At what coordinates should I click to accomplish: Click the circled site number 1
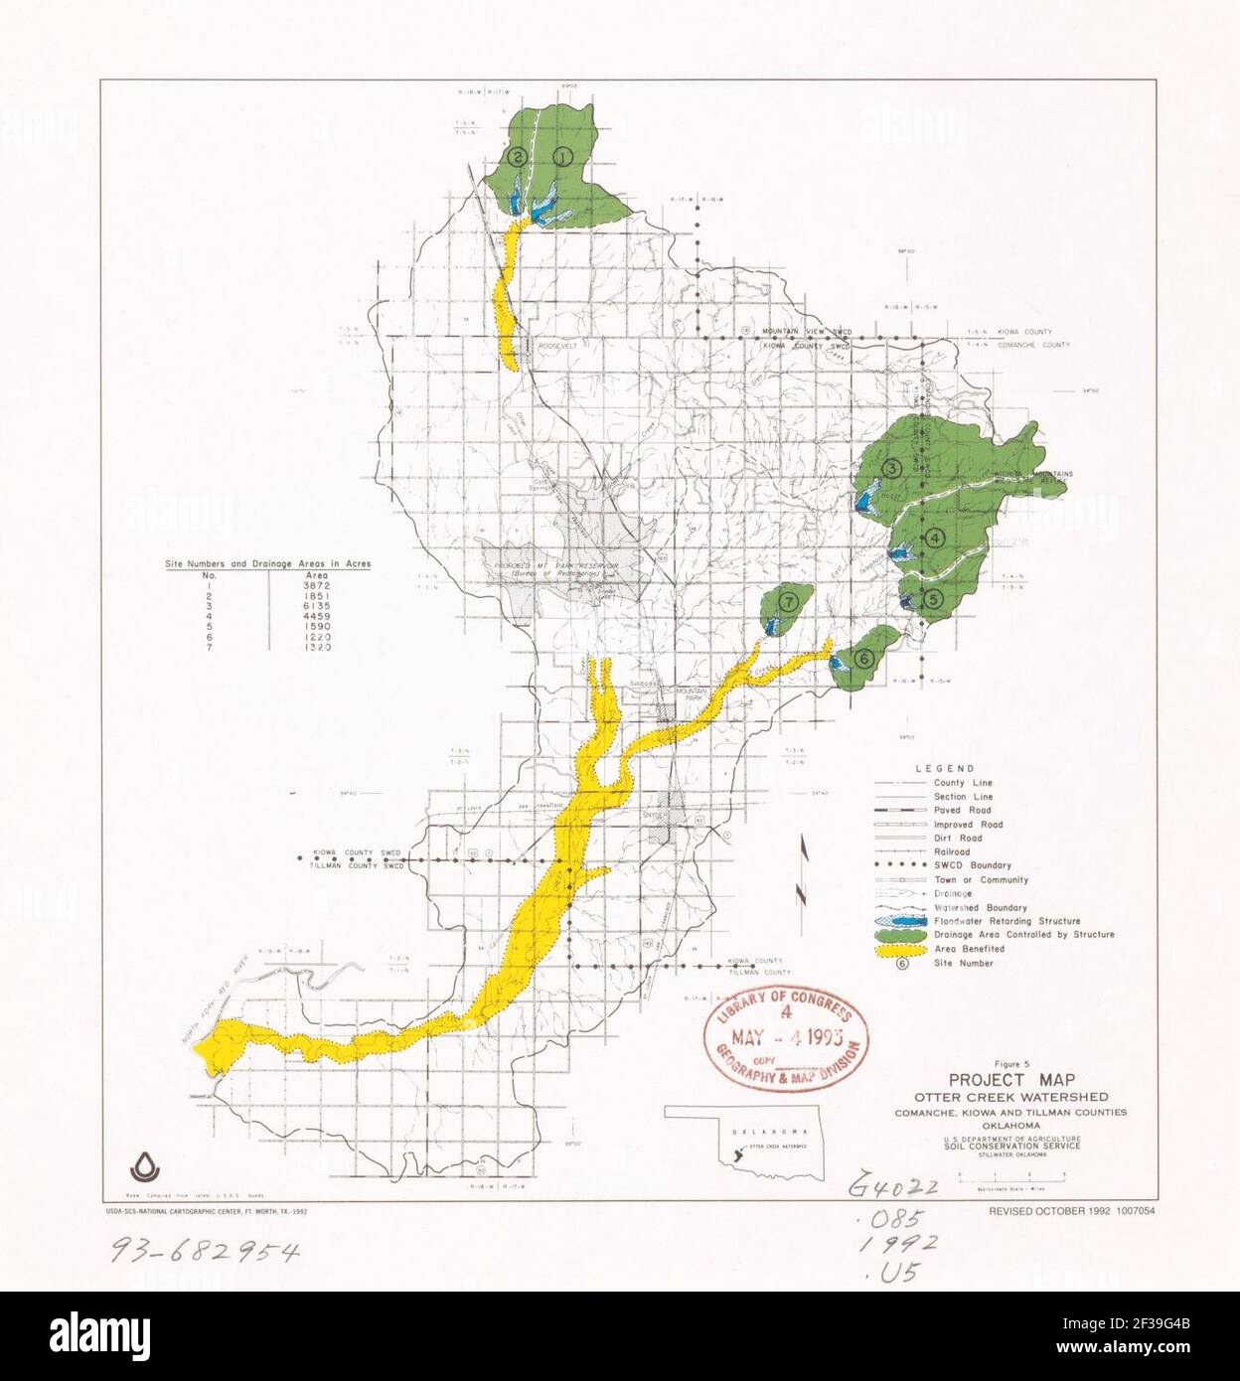pyautogui.click(x=563, y=156)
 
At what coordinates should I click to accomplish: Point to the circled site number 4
pyautogui.click(x=935, y=538)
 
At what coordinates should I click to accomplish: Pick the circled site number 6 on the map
pyautogui.click(x=863, y=657)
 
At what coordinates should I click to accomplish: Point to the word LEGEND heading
pyautogui.click(x=945, y=768)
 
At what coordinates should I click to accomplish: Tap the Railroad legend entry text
pyautogui.click(x=952, y=851)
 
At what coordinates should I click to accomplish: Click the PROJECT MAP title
pyautogui.click(x=1011, y=1080)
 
